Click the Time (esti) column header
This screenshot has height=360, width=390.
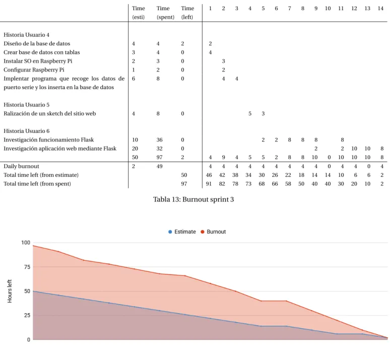(x=138, y=13)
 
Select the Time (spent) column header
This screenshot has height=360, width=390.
(x=165, y=13)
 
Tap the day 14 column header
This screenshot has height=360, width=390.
(x=380, y=9)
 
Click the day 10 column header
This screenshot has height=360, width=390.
(x=328, y=9)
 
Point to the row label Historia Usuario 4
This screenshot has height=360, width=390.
(x=26, y=35)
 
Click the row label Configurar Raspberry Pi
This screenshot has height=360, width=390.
(x=34, y=70)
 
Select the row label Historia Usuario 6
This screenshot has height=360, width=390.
(x=26, y=131)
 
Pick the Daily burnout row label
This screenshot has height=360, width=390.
(x=21, y=166)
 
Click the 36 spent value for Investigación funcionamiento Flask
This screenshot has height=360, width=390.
(x=159, y=140)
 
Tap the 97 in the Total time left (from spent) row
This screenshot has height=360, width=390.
(x=184, y=184)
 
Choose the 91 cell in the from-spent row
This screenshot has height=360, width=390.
(x=209, y=184)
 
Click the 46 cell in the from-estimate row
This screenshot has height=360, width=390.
(x=209, y=175)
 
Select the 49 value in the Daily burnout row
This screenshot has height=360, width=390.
(x=159, y=166)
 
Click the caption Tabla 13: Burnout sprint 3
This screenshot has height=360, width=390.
(x=193, y=199)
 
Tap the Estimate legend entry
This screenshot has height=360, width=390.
(x=182, y=232)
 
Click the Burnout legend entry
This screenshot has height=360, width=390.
(x=213, y=232)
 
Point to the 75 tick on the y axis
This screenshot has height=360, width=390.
(x=27, y=267)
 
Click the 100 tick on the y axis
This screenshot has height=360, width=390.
(x=26, y=243)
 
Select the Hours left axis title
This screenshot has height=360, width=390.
(x=10, y=291)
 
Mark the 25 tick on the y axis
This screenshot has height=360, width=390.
(x=27, y=316)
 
